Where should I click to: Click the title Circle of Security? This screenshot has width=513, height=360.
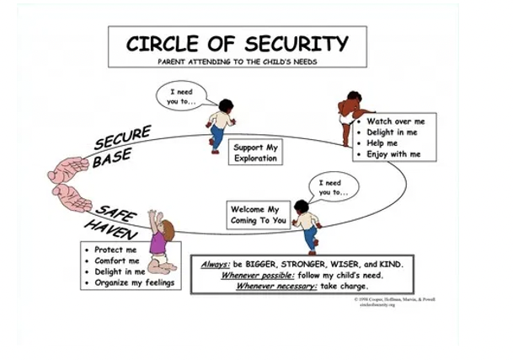pyautogui.click(x=237, y=43)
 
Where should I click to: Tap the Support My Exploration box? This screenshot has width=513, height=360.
pyautogui.click(x=255, y=153)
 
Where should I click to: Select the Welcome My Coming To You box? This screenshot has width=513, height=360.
pyautogui.click(x=259, y=214)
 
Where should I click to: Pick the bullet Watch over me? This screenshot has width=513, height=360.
pyautogui.click(x=394, y=121)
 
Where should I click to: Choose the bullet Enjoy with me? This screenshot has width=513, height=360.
pyautogui.click(x=393, y=154)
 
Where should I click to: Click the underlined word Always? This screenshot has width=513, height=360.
pyautogui.click(x=216, y=264)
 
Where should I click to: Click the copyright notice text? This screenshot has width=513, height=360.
pyautogui.click(x=394, y=300)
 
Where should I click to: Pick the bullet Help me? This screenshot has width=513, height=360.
pyautogui.click(x=382, y=143)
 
